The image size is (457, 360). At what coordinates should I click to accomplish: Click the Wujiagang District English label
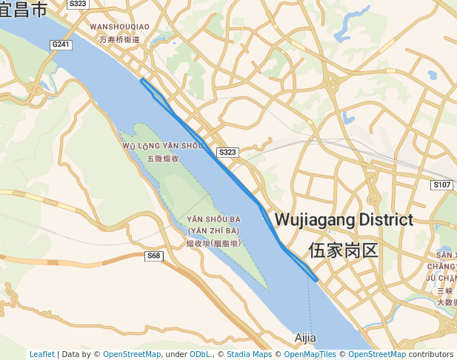[344, 220]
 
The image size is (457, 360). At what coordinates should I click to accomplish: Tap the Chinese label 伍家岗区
[344, 250]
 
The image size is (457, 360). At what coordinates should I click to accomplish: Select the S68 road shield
[153, 256]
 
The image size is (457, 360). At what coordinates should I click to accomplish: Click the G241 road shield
[61, 44]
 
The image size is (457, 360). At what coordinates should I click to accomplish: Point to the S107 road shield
[442, 184]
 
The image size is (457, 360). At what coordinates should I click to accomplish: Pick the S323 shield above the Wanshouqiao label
[77, 4]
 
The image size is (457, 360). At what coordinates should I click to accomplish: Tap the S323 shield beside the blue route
[227, 152]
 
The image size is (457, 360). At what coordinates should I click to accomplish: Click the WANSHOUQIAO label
[119, 27]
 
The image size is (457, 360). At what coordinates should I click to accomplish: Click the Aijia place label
[304, 338]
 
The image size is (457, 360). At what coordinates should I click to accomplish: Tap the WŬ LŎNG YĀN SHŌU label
[162, 146]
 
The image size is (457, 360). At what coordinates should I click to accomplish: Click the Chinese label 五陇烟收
[163, 159]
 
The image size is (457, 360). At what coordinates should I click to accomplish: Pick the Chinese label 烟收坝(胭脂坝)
[213, 243]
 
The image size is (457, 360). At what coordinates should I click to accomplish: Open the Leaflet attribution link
[41, 354]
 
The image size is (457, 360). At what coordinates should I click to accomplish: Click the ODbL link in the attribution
[201, 354]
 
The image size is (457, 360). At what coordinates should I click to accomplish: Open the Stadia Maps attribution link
[249, 354]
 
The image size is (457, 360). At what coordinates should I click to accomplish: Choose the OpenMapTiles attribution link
[310, 354]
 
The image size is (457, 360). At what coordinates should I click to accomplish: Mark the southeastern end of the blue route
[316, 280]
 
